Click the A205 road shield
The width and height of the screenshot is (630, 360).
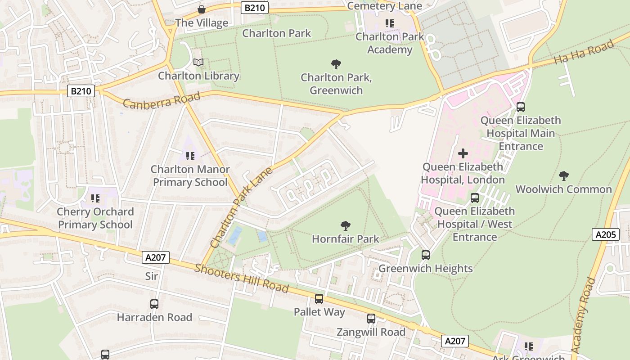606,234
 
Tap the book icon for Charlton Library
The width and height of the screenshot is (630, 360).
198,62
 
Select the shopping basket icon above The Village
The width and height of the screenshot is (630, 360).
202,9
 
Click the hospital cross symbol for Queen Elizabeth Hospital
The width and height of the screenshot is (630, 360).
463,154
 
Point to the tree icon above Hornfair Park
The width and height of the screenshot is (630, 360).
345,225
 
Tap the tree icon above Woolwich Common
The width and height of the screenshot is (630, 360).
563,175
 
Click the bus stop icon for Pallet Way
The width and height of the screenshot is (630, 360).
319,298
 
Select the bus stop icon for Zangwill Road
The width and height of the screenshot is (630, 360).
371,319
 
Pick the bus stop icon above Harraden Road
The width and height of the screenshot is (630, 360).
154,304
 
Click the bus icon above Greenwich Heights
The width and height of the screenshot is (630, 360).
426,255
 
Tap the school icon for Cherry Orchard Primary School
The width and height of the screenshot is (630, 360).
95,198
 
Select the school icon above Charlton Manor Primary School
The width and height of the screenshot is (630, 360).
190,156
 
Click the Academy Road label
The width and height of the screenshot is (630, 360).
583,315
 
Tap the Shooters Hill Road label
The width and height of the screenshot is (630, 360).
241,278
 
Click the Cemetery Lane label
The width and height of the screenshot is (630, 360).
385,6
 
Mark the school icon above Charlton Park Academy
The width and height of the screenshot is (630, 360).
389,23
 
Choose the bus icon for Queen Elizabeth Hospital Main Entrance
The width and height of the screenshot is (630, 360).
521,107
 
